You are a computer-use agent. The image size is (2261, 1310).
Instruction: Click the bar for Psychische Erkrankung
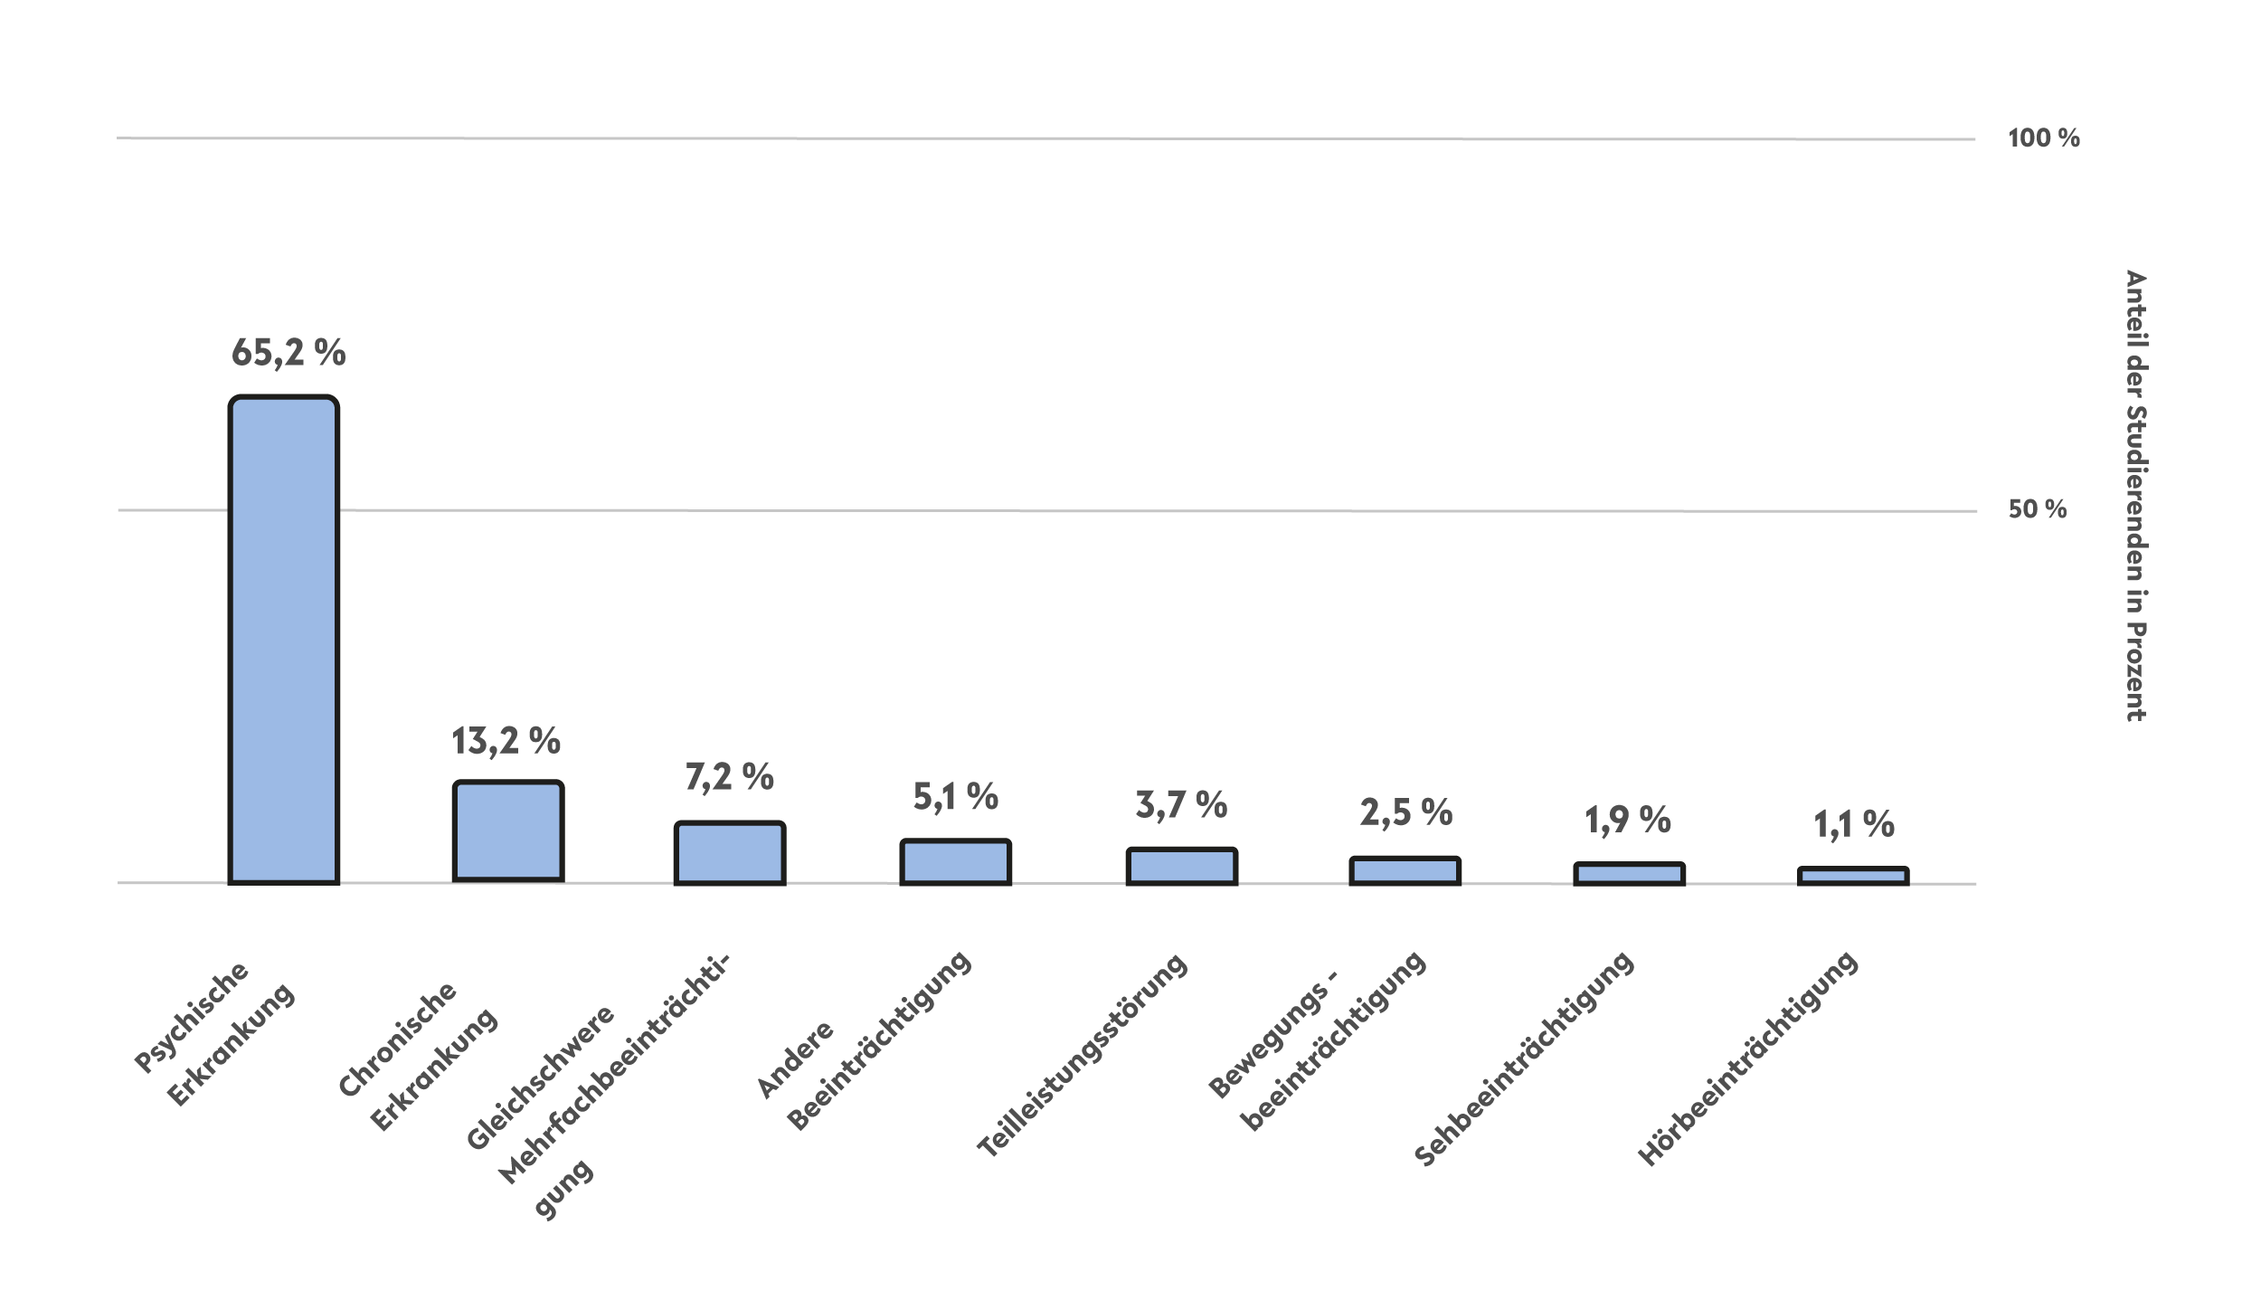coord(284,640)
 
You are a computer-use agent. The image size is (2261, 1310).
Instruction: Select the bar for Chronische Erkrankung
coord(508,831)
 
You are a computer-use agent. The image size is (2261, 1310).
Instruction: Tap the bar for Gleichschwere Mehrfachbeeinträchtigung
coord(730,853)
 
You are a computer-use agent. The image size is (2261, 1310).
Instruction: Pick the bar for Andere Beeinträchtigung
coord(955,862)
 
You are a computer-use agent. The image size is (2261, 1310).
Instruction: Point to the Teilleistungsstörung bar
coord(1181,866)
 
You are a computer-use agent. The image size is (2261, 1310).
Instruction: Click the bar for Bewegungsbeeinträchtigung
coord(1405,870)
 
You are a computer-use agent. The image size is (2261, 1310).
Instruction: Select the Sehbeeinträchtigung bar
coord(1629,874)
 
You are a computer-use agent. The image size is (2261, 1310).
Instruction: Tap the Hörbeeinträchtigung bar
coord(1853,876)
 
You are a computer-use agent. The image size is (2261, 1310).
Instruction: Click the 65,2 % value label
coord(289,353)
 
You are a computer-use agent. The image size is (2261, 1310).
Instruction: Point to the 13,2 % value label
coord(506,742)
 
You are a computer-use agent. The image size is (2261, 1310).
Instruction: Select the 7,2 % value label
coord(729,777)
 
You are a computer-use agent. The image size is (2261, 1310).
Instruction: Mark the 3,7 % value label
coord(1181,805)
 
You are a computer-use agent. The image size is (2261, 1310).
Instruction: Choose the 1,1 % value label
coord(1854,824)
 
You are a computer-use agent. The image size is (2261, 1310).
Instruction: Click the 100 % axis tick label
coord(2044,138)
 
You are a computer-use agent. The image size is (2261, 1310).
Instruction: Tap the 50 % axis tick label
coord(2038,510)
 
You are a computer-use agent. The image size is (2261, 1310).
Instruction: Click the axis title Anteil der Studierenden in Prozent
coord(2135,495)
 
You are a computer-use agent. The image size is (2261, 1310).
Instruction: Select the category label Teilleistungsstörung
coord(1083,1057)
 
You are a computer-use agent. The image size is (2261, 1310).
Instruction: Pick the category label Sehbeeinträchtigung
coord(1525,1059)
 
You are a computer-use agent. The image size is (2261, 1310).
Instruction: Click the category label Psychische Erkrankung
coord(214,1036)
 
